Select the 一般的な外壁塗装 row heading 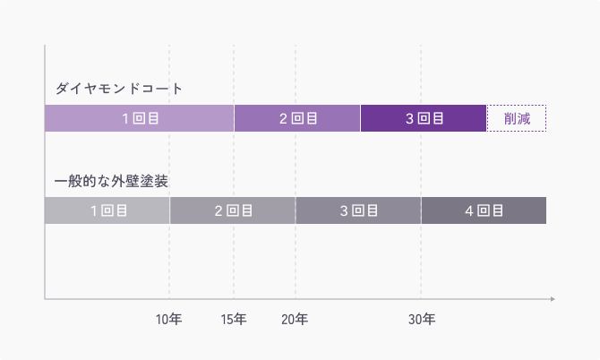point(112,181)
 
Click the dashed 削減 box point(517,118)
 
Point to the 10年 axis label point(169,319)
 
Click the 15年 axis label point(234,319)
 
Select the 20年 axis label point(296,319)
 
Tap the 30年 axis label point(422,319)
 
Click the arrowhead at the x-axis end point(553,298)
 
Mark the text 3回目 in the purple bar point(424,118)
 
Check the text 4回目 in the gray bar point(484,210)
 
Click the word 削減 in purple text point(517,118)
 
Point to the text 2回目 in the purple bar point(297,118)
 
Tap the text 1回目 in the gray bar point(107,210)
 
